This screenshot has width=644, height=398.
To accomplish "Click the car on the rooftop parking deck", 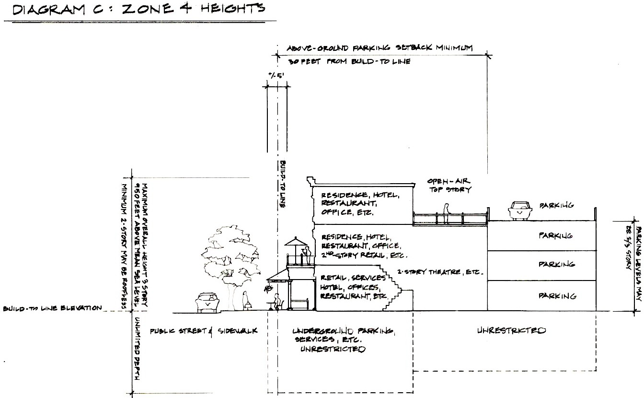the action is tap(519, 210).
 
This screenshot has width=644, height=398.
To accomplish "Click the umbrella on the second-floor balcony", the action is tap(297, 241).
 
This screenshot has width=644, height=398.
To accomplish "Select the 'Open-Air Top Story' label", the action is tap(448, 186).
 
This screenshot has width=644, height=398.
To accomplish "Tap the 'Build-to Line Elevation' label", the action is tap(53, 308).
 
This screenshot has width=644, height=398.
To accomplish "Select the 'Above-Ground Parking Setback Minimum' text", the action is tap(379, 48).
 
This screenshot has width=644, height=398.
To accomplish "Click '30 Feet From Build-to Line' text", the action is tap(349, 62).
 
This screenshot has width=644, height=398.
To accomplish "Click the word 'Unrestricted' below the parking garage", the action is tap(512, 330).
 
